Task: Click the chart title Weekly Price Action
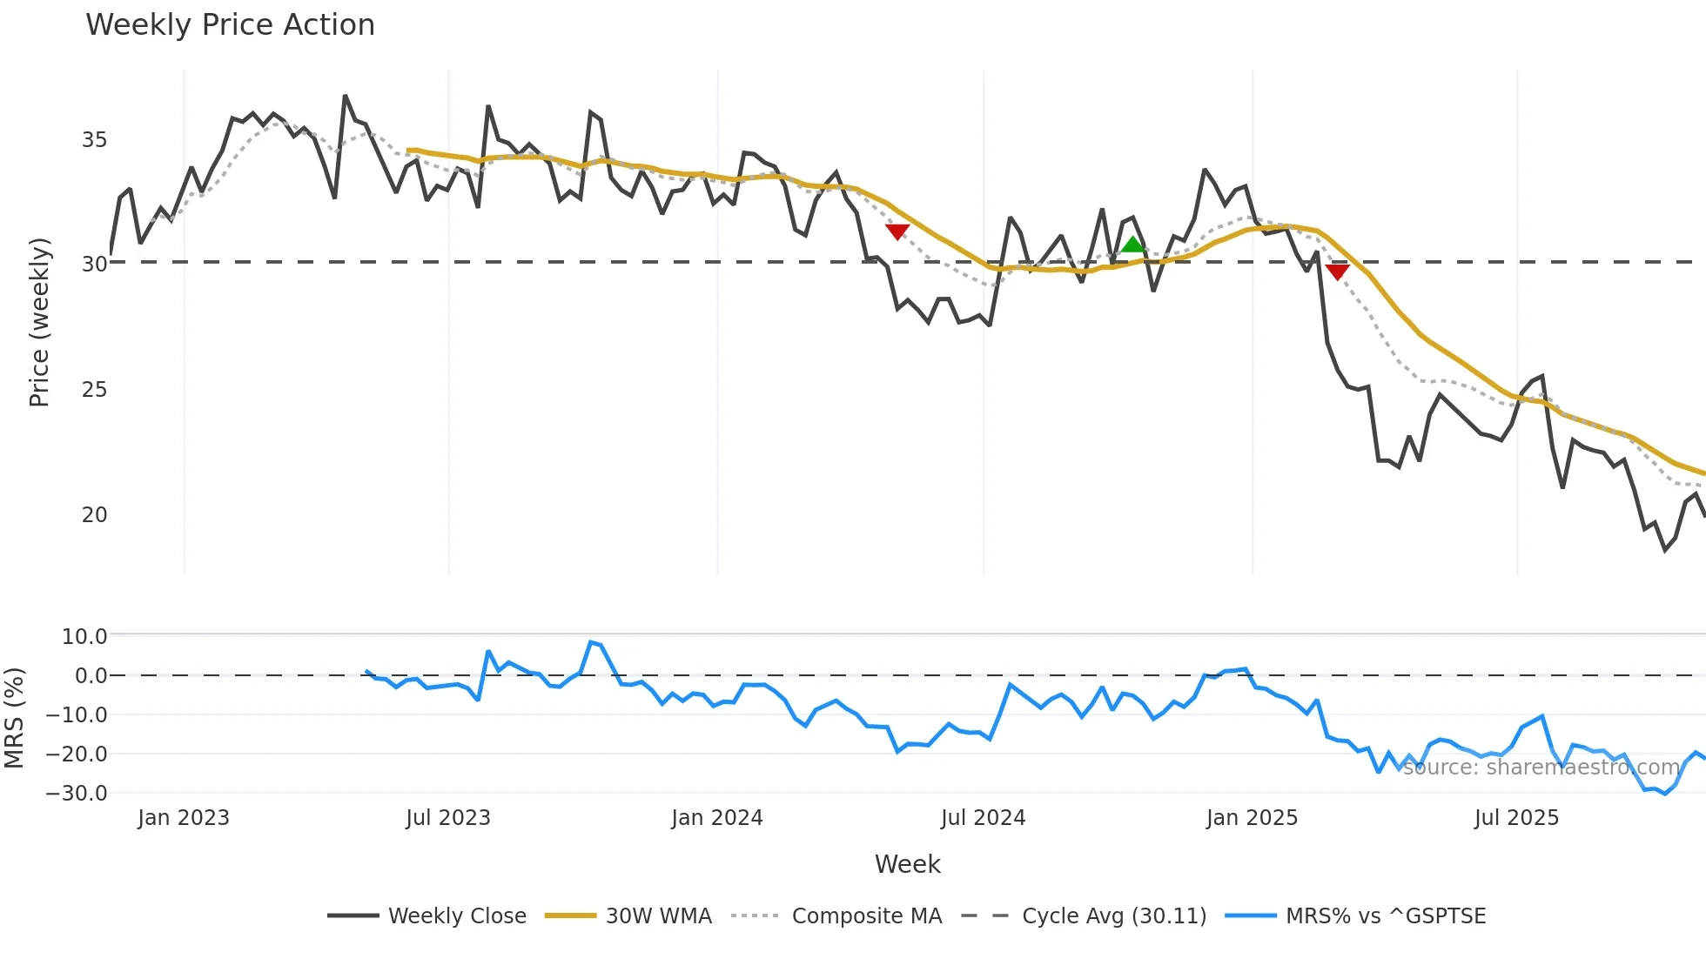[230, 24]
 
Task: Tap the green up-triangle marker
[1132, 245]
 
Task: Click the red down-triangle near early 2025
[1337, 272]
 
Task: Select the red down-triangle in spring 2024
[897, 231]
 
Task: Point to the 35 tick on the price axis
[94, 139]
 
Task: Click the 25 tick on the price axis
[94, 389]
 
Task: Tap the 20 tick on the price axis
[94, 514]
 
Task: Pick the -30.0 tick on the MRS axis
[77, 793]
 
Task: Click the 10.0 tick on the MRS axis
[84, 636]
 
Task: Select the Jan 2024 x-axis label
[716, 818]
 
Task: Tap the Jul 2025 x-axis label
[1516, 818]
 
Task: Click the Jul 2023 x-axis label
[448, 818]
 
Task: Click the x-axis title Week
[907, 864]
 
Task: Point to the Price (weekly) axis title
[39, 322]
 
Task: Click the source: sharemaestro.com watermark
[1541, 767]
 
